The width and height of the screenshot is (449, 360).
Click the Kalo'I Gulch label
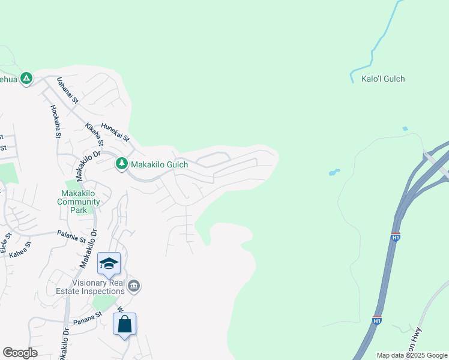[x=383, y=79]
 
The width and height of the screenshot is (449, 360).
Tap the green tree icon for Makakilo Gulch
[x=121, y=164]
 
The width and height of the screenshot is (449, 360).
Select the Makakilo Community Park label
[x=79, y=197]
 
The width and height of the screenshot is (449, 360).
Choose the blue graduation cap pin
[x=109, y=263]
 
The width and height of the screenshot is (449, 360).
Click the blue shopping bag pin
[x=124, y=325]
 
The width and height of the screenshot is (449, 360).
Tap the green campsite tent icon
[x=26, y=79]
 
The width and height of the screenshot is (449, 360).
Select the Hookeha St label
[x=56, y=122]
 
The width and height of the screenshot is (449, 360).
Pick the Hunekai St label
[x=116, y=131]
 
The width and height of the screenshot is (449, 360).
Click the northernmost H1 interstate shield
[x=395, y=236]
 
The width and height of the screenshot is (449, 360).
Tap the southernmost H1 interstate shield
[x=376, y=320]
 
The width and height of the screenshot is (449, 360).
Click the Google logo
[x=20, y=353]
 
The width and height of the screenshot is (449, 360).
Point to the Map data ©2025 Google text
[x=412, y=355]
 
